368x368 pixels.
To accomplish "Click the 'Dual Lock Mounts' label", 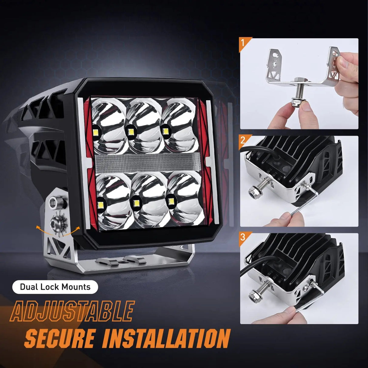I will (x=55, y=287).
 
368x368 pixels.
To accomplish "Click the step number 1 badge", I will (x=243, y=43).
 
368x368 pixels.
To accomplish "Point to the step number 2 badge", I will (x=243, y=140).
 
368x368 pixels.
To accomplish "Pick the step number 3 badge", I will (x=243, y=237).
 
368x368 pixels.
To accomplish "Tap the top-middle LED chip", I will (x=131, y=132).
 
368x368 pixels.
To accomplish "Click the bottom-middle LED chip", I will (x=135, y=203).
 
